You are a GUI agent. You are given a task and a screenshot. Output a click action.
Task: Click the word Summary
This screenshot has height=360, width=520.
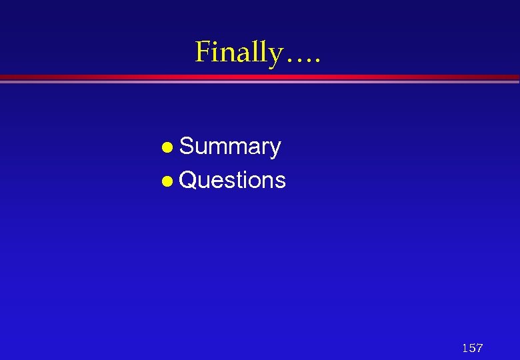pyautogui.click(x=230, y=147)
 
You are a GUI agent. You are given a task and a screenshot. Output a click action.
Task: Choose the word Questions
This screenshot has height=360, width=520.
pyautogui.click(x=233, y=180)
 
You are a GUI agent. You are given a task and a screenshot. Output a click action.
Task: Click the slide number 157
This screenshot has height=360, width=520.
pyautogui.click(x=472, y=347)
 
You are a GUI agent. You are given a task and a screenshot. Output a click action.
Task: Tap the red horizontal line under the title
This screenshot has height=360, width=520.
pyautogui.click(x=260, y=77)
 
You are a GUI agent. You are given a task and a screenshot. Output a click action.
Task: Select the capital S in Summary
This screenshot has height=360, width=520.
pyautogui.click(x=187, y=147)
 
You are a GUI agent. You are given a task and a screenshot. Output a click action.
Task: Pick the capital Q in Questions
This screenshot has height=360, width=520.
pyautogui.click(x=189, y=180)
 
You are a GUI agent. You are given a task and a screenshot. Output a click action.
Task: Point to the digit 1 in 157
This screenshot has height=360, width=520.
pyautogui.click(x=465, y=347)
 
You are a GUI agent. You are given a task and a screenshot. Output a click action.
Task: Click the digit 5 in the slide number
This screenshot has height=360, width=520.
pyautogui.click(x=472, y=347)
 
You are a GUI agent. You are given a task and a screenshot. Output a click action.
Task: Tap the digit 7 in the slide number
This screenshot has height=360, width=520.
pyautogui.click(x=479, y=347)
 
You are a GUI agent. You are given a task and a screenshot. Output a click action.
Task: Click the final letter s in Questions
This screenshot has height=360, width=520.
pyautogui.click(x=281, y=181)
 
